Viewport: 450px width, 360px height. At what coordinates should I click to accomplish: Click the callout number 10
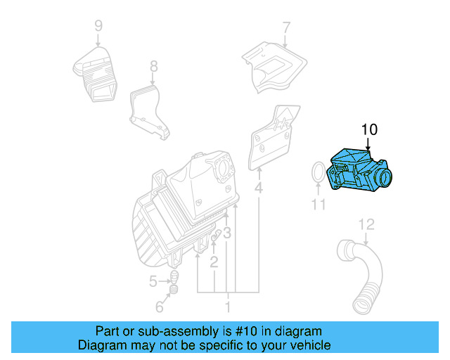[369, 129]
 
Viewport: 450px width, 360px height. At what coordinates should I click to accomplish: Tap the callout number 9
[98, 26]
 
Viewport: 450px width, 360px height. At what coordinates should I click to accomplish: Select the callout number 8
[154, 67]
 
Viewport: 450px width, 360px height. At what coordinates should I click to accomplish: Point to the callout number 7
[286, 28]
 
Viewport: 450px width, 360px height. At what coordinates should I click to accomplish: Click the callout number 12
[367, 224]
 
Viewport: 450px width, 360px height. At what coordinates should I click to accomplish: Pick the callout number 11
[319, 205]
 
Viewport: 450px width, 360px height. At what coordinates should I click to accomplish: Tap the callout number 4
[259, 188]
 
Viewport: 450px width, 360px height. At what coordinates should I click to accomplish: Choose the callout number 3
[227, 233]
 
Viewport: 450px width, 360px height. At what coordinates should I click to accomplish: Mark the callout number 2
[214, 262]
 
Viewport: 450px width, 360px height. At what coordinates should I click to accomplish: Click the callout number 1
[227, 307]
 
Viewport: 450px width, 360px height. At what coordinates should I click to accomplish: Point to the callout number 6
[159, 307]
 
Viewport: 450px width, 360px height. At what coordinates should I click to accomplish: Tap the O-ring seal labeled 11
[318, 174]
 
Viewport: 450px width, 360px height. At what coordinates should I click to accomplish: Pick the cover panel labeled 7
[275, 66]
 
